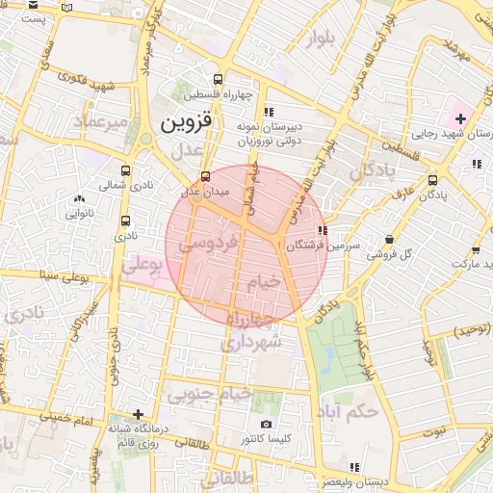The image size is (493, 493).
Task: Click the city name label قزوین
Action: (185, 123)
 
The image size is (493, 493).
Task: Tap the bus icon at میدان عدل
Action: (204, 177)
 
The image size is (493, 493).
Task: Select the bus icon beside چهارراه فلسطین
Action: (220, 80)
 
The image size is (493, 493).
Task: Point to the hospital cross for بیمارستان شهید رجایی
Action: (460, 119)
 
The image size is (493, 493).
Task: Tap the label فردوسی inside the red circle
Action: (207, 245)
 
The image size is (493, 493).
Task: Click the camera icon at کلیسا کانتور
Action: (266, 424)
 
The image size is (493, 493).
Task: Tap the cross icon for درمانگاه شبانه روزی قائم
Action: (139, 414)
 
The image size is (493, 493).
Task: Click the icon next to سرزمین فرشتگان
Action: (321, 231)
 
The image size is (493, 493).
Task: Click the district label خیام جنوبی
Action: (210, 394)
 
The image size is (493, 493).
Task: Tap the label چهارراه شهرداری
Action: (252, 330)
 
